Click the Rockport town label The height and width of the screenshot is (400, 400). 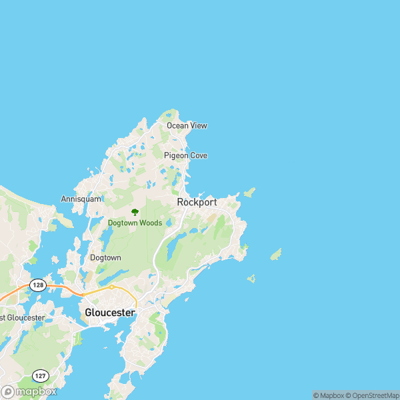[197, 202]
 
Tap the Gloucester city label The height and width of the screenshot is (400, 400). [110, 312]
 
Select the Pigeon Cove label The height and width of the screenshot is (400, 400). [185, 155]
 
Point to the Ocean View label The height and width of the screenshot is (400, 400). [187, 125]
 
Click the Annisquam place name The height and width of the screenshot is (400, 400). [81, 199]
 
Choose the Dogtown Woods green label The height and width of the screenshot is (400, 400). [135, 223]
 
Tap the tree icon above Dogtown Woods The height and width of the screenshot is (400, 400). [135, 212]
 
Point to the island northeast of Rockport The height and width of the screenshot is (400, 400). [249, 193]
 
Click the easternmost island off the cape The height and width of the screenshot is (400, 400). [275, 254]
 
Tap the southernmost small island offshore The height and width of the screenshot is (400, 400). [251, 278]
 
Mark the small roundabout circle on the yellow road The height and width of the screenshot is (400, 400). [112, 287]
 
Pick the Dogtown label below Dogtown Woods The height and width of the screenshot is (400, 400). [105, 257]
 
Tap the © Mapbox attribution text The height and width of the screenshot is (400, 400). [328, 395]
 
